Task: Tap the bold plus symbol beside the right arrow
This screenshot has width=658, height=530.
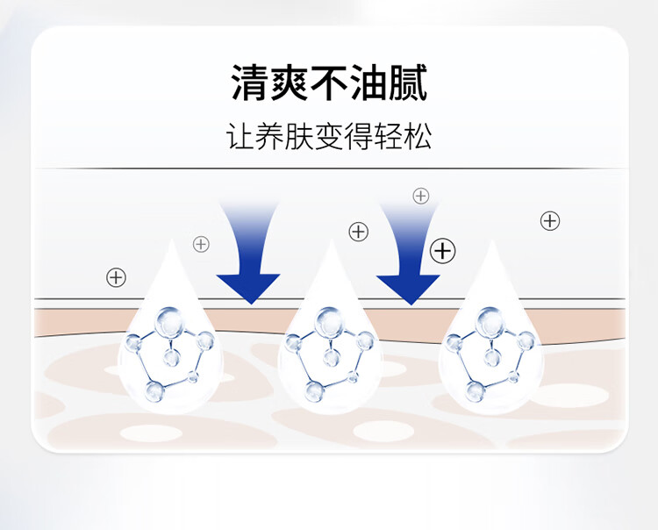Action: (444, 252)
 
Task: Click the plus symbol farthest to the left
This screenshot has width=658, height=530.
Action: (116, 277)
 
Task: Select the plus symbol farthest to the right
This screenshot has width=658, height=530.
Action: (550, 220)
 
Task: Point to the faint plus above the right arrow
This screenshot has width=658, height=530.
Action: (421, 196)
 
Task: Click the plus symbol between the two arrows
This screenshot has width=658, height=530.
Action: (358, 232)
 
